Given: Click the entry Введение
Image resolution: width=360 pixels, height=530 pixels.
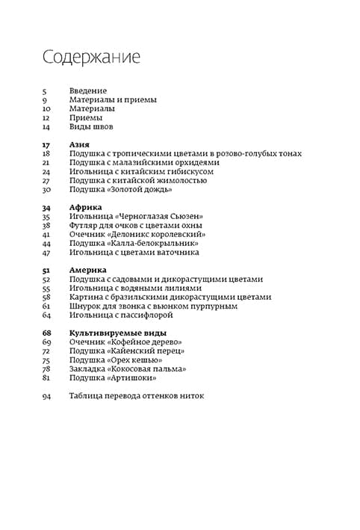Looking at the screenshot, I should [x=88, y=90].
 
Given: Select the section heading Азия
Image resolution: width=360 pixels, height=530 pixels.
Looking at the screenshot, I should [x=80, y=144].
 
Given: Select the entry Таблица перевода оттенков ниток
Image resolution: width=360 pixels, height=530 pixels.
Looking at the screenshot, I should [x=136, y=395].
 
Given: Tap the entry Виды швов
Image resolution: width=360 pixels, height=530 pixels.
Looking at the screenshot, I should [x=91, y=126].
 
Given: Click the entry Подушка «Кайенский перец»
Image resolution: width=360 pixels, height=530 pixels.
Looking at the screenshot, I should [x=126, y=351].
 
